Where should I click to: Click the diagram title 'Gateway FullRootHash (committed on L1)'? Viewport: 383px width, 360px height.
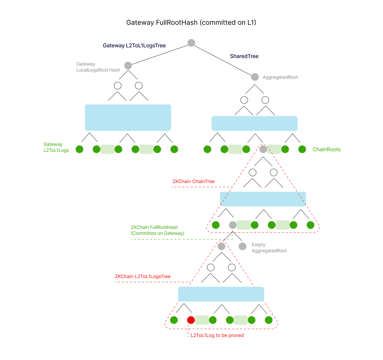point(191,23)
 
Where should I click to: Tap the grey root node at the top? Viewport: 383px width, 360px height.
point(191,43)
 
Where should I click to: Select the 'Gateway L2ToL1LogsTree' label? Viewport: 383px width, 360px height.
point(134,46)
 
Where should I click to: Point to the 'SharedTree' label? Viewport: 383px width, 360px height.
point(244,56)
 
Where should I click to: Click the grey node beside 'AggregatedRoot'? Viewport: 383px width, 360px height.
point(255,77)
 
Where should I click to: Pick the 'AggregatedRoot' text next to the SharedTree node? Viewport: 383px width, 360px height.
point(280,77)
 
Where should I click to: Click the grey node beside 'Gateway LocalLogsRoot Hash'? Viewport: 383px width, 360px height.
point(128,66)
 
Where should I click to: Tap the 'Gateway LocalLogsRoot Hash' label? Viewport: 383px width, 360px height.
point(98,67)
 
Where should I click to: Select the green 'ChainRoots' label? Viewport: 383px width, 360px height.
point(326,150)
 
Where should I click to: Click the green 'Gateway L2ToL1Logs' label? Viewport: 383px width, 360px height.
point(56,147)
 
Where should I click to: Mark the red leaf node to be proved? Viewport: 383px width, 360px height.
point(191,320)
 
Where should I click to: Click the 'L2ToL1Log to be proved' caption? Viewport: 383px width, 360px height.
point(217,335)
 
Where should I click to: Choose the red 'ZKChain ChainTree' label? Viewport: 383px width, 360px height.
point(194,181)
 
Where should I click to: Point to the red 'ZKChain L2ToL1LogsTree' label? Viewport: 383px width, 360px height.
point(143,276)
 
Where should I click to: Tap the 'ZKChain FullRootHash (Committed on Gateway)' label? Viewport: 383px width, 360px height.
point(157,230)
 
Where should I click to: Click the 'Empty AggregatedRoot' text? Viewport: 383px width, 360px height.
point(269,248)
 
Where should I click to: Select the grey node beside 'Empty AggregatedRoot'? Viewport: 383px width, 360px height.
point(242,247)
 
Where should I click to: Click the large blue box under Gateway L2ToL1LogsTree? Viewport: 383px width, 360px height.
point(128,117)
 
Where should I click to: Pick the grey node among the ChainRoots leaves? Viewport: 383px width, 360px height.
point(263,149)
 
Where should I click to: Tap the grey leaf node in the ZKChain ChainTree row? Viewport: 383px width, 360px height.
point(233,225)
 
